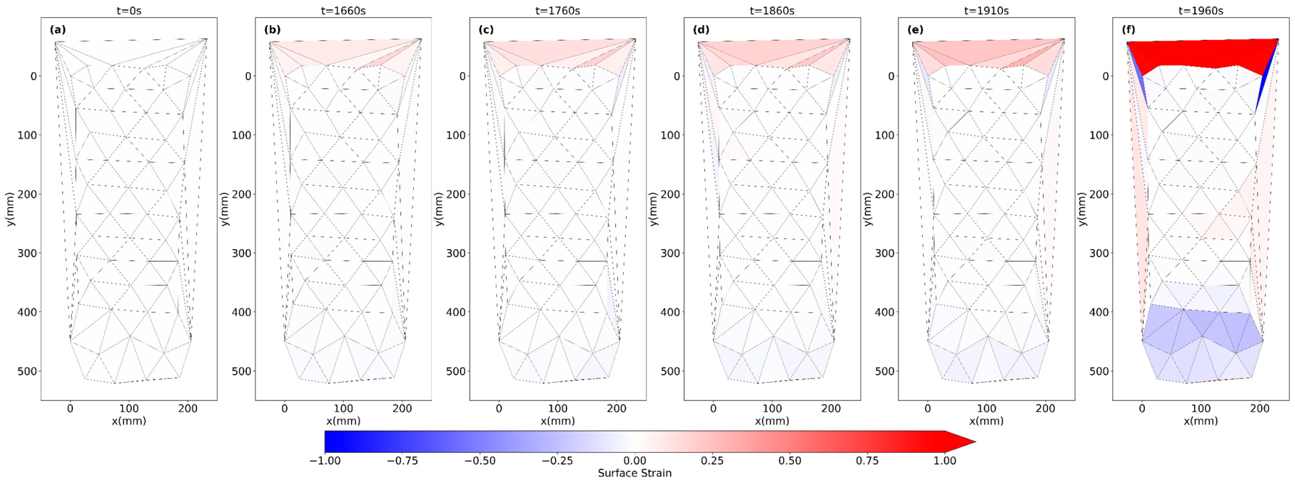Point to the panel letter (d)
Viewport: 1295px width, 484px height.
click(701, 30)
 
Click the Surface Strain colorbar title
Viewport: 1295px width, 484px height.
click(635, 473)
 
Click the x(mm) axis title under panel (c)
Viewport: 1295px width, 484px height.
click(558, 421)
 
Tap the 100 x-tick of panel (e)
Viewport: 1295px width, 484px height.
click(986, 409)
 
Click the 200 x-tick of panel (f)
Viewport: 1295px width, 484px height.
click(1260, 409)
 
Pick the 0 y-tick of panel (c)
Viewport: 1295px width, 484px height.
click(462, 76)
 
